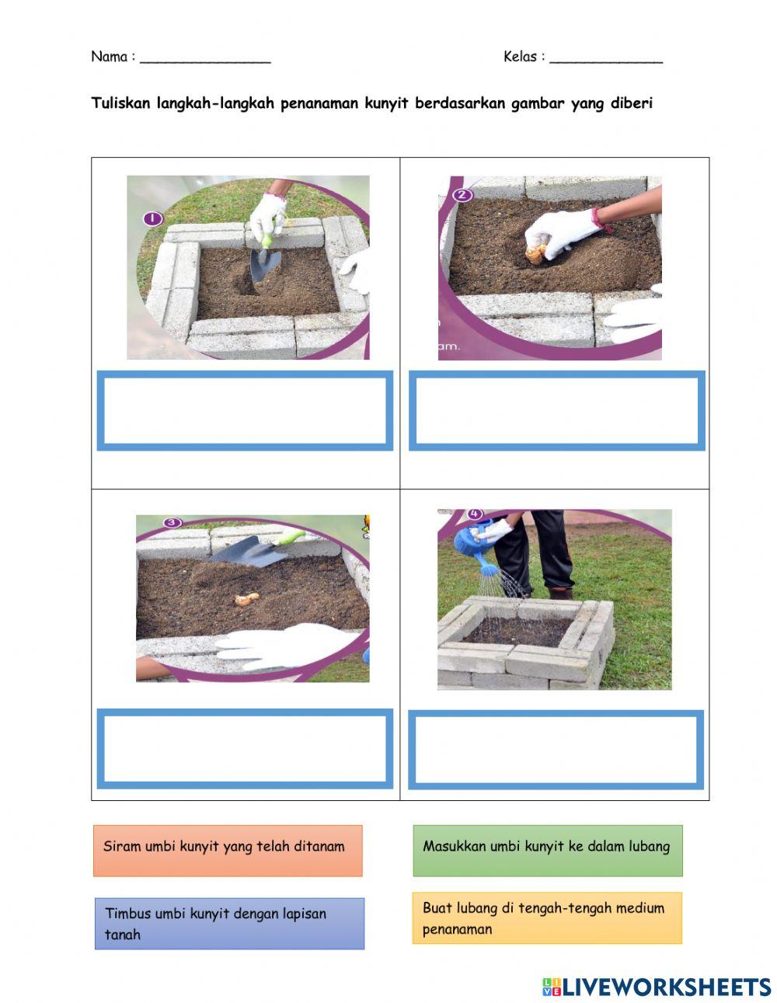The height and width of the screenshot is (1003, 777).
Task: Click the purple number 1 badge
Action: [153, 218]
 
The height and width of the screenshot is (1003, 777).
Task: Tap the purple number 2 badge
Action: [462, 195]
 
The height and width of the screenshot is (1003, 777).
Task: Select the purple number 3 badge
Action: [172, 523]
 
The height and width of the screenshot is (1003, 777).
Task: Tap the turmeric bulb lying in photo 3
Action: [247, 599]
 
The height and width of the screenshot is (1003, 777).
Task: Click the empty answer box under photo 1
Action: [245, 410]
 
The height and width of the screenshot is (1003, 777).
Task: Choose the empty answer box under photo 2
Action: [556, 410]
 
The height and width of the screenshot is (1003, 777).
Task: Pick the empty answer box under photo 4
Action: [556, 750]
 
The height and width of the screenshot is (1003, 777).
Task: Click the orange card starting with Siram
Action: [228, 851]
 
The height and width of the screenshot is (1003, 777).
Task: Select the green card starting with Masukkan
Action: [548, 851]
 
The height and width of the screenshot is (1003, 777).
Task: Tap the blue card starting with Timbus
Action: [229, 924]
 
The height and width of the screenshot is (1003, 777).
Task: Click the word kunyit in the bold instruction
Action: [387, 103]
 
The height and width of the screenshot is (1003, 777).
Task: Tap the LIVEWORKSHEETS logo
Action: [657, 987]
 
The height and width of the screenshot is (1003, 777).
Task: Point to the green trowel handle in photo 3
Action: [289, 538]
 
